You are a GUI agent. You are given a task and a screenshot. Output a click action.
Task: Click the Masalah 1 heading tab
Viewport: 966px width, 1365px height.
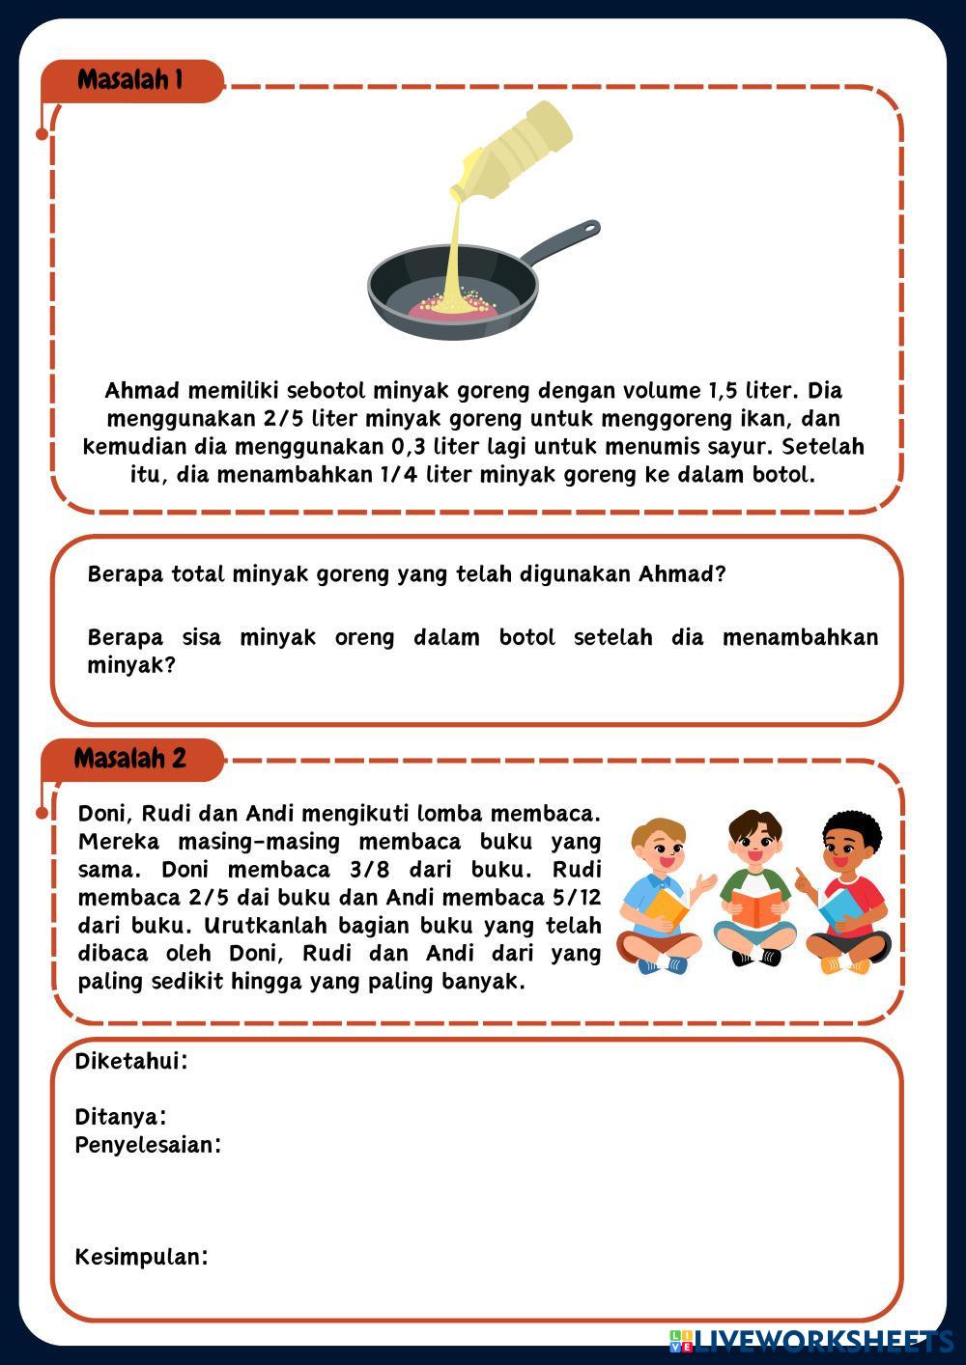click(130, 80)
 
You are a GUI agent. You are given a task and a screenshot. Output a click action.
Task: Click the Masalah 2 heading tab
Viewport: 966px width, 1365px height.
click(130, 759)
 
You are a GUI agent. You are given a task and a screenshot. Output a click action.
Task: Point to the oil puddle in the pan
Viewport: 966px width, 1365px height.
click(453, 306)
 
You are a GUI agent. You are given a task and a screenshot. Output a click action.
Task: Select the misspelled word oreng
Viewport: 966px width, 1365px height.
click(364, 638)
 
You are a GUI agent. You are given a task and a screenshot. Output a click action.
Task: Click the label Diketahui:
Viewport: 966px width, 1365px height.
click(131, 1062)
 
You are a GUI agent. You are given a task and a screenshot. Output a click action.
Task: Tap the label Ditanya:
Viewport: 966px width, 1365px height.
click(121, 1118)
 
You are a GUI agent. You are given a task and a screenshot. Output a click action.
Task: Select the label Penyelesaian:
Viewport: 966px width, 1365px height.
click(148, 1146)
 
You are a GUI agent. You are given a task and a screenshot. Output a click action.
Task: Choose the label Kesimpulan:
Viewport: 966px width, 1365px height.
click(142, 1257)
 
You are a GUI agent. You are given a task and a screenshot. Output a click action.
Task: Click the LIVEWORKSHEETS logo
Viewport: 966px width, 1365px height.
click(811, 1341)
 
